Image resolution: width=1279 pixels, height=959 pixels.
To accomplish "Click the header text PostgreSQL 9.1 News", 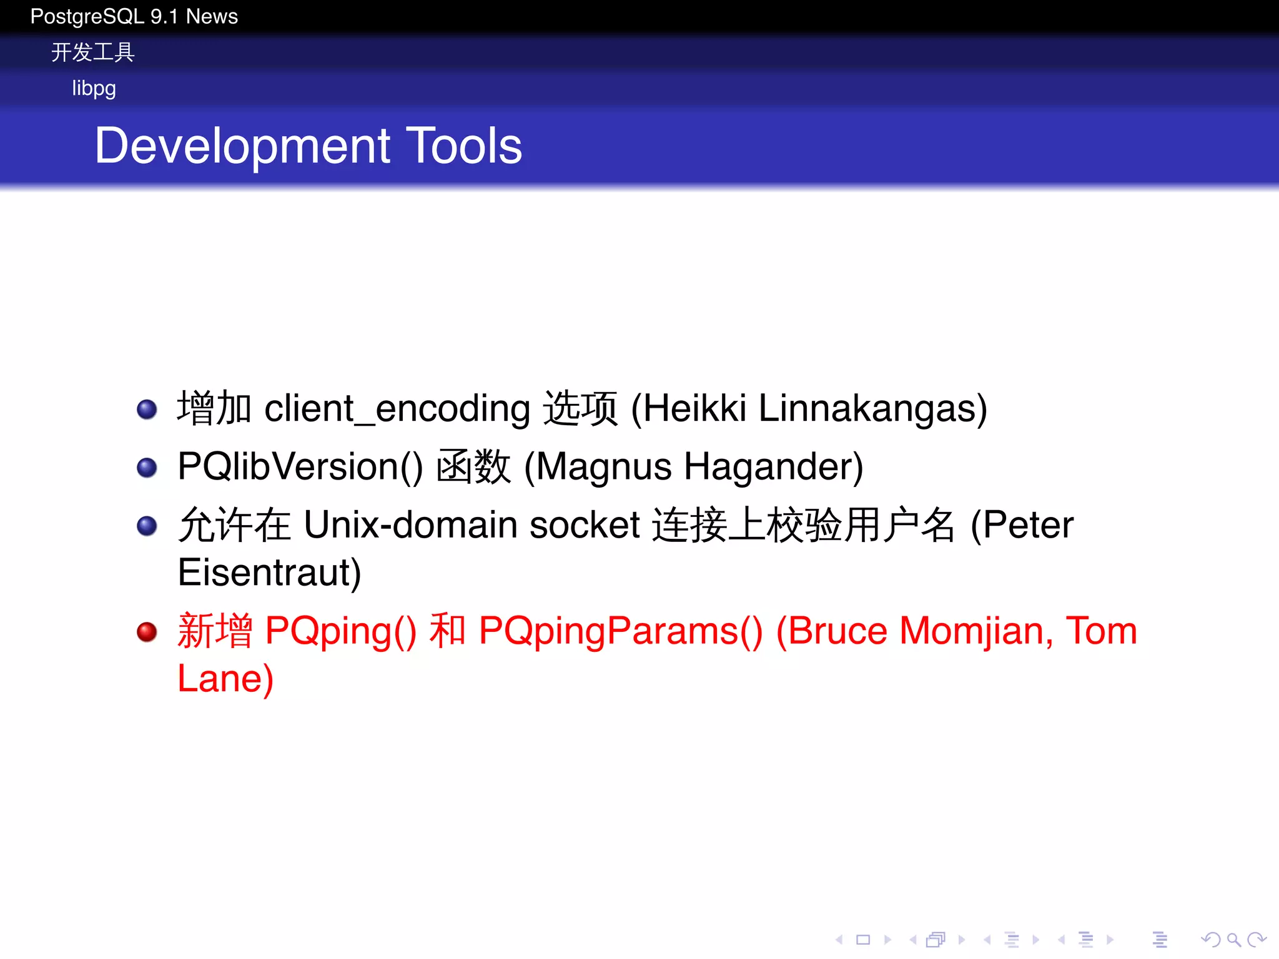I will (134, 16).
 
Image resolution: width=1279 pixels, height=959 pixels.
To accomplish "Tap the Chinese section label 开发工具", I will (92, 52).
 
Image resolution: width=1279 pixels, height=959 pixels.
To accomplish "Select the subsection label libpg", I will (94, 89).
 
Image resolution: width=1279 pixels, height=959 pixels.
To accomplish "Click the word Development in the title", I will (242, 146).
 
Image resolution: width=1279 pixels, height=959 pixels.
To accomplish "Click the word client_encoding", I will (397, 409).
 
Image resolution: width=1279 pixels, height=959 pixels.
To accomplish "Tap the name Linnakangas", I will (872, 409).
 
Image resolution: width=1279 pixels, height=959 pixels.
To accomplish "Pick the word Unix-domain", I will (410, 525).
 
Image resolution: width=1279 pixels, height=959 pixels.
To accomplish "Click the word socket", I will (585, 525).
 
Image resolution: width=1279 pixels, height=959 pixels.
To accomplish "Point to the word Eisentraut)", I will (269, 573).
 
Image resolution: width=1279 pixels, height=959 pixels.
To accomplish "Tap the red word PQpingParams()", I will (621, 631).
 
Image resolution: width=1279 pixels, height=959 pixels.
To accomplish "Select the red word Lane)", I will (225, 679).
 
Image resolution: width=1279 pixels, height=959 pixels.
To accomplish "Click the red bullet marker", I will (147, 632).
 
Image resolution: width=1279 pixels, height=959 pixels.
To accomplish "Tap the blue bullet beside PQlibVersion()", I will (147, 468).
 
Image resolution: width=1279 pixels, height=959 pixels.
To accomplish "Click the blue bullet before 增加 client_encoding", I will (147, 410).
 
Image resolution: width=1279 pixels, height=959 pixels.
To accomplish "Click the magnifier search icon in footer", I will (1233, 939).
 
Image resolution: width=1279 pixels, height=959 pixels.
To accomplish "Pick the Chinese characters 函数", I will (473, 467).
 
